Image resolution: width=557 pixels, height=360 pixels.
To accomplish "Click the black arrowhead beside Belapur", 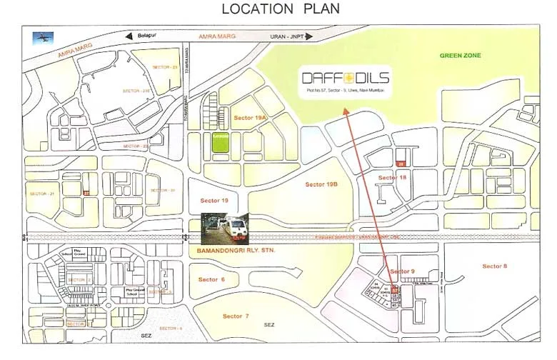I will point(129,36).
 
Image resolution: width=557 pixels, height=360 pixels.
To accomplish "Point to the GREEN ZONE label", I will point(460,56).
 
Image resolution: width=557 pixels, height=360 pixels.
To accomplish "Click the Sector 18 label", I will point(392,177).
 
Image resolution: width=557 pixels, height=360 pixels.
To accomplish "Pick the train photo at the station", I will point(224,228).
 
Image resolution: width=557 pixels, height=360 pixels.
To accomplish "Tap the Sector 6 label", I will point(212,279).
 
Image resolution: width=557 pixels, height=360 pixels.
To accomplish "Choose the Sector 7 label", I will point(236,316).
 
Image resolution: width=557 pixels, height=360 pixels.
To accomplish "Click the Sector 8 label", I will point(494,266).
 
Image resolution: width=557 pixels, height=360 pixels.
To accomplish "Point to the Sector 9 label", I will point(402,271).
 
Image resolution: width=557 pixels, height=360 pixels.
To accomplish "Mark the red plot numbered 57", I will point(394,289).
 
